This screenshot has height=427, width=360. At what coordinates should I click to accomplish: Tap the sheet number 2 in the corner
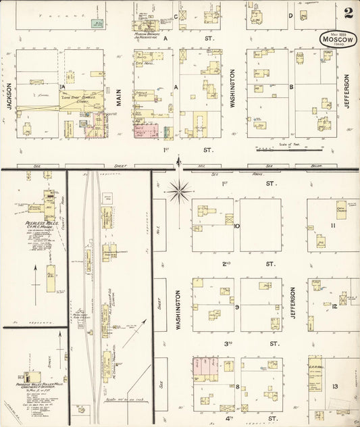pyautogui.click(x=349, y=13)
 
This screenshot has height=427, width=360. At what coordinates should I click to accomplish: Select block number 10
pyautogui.click(x=237, y=226)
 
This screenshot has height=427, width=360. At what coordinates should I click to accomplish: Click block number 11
pyautogui.click(x=333, y=225)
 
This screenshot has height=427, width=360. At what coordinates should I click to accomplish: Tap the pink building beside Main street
pyautogui.click(x=147, y=130)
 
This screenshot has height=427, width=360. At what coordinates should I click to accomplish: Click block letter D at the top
pyautogui.click(x=290, y=16)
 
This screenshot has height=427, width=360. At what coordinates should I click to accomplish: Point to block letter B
pyautogui.click(x=291, y=86)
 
